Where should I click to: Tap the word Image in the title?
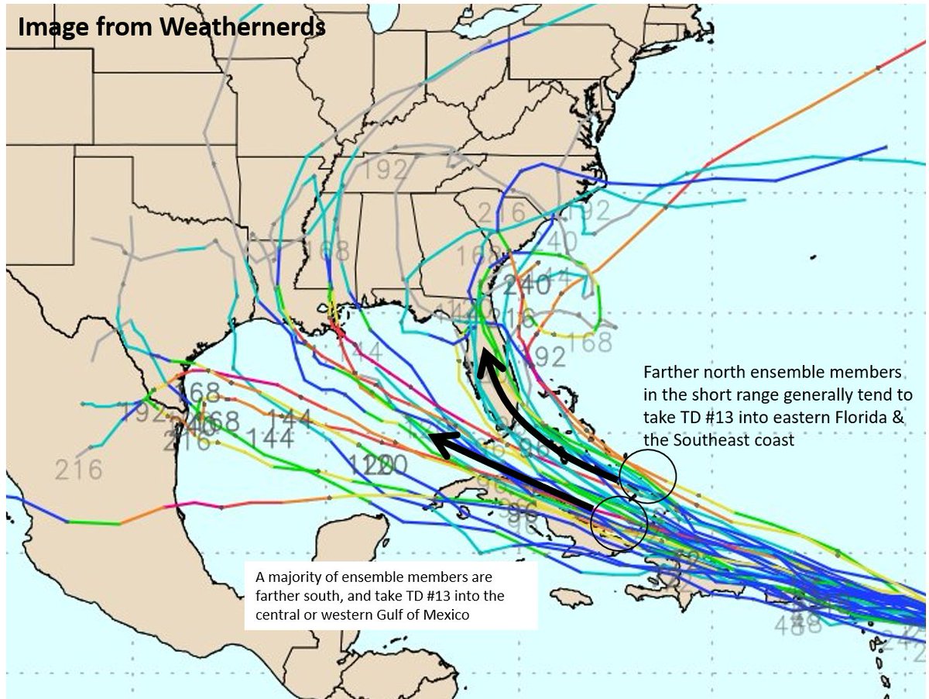(x=45, y=27)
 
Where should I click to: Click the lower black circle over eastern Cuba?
(x=618, y=524)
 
